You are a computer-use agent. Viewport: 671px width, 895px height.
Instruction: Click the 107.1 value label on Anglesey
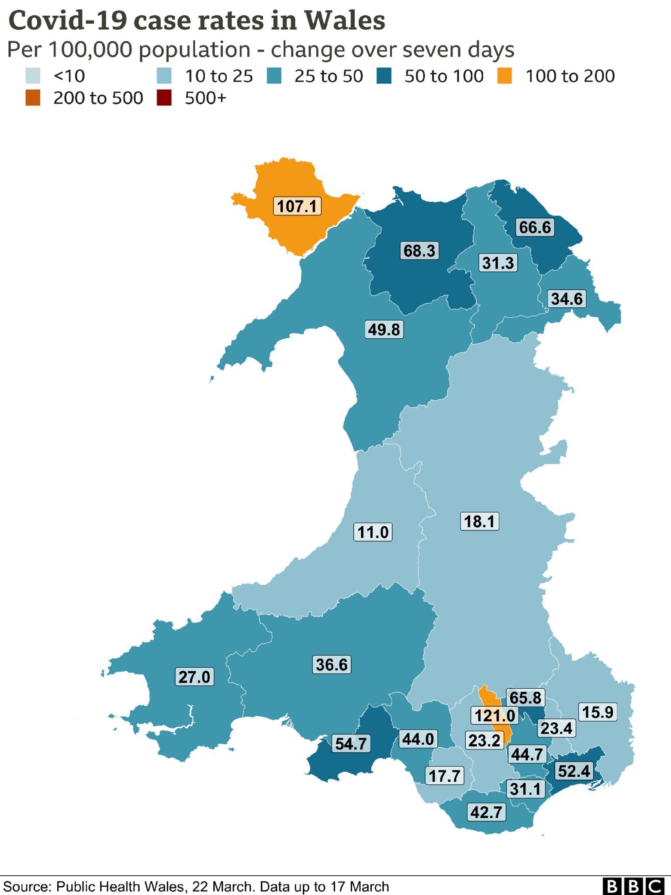(297, 206)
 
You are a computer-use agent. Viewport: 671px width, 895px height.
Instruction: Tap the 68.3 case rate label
(419, 251)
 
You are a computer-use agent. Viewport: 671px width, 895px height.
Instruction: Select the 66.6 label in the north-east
(535, 227)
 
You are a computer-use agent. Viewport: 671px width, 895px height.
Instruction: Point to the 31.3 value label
(498, 263)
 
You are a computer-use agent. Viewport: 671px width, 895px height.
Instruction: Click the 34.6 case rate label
(567, 299)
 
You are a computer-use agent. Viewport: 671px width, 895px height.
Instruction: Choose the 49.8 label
(384, 329)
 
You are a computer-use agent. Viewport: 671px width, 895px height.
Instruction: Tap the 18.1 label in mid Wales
(479, 521)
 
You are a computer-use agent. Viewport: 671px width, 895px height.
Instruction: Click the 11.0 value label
(373, 532)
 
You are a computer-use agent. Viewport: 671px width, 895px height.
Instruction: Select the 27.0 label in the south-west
(194, 677)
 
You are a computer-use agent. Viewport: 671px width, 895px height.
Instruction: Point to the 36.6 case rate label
(332, 665)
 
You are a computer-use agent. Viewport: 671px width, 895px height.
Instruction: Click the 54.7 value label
(351, 743)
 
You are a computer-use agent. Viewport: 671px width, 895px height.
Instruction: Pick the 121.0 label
(495, 716)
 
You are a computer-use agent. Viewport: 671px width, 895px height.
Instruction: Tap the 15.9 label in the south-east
(598, 712)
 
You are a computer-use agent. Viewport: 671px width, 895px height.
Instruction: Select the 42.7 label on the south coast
(486, 812)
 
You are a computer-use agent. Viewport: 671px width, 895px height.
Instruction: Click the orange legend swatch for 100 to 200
(505, 76)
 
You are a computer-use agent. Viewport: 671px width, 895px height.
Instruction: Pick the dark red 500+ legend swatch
(164, 98)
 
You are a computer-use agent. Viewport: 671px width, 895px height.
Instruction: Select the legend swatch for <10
(33, 76)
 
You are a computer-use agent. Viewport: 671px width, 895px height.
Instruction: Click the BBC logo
(633, 886)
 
